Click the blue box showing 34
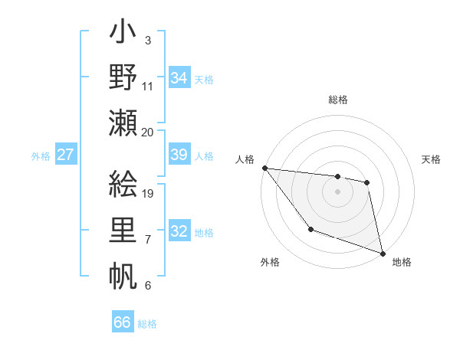point(179,77)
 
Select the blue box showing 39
point(179,155)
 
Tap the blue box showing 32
point(179,231)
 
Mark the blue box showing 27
point(66,155)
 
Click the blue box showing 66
point(123,322)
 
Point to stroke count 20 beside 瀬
point(147,132)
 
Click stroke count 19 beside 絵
point(148,193)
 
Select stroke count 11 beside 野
point(148,86)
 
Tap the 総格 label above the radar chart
point(338,100)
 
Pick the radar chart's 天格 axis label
point(431,159)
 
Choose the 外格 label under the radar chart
point(270,262)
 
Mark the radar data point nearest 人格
point(264,168)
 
